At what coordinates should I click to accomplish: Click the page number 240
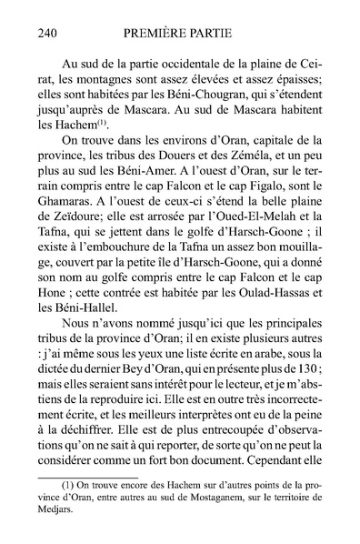click(x=51, y=34)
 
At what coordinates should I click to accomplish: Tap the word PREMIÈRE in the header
click(x=151, y=34)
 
